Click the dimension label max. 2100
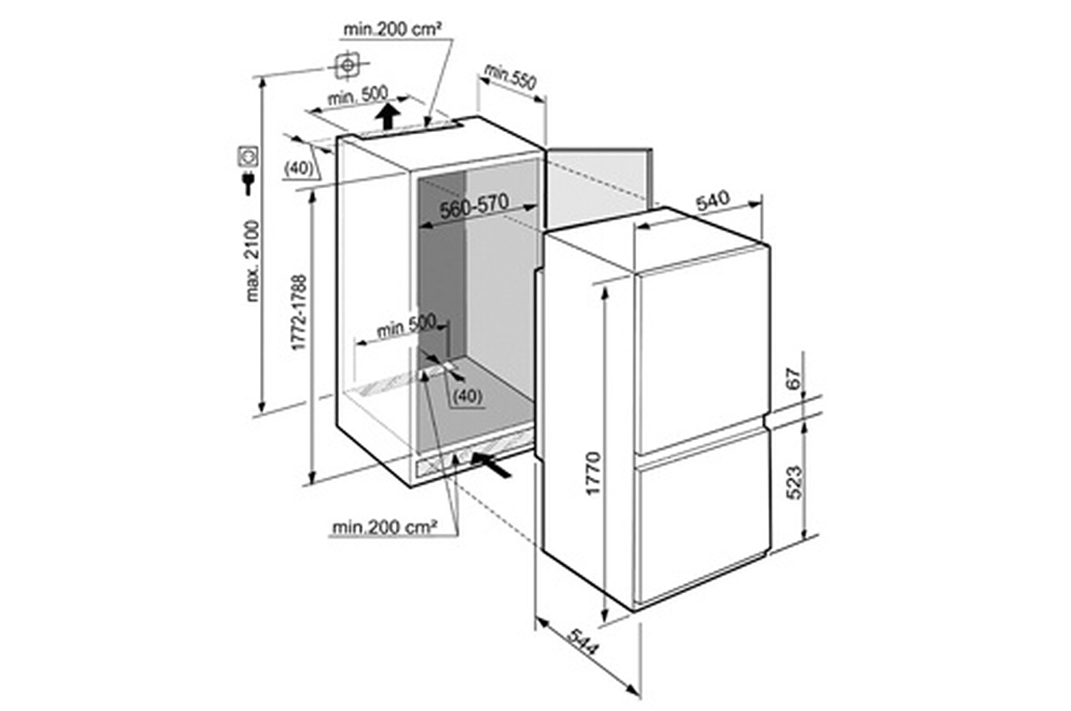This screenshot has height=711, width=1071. [252, 261]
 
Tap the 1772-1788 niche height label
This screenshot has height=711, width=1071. [299, 312]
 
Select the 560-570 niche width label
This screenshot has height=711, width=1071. [474, 206]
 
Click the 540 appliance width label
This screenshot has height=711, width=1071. [713, 201]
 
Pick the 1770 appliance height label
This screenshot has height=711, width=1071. [593, 472]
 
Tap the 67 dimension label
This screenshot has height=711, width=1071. [794, 379]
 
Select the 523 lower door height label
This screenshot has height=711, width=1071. [794, 483]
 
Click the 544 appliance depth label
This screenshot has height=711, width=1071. [583, 642]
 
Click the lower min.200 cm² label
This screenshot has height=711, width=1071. [384, 528]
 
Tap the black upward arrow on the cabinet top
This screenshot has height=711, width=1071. [387, 116]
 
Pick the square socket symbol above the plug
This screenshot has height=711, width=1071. [248, 156]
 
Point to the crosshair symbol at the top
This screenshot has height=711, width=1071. [348, 65]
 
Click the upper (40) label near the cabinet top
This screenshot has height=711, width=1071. [298, 168]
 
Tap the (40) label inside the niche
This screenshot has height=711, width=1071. [467, 396]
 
